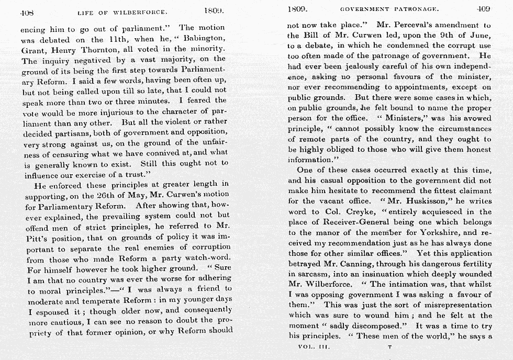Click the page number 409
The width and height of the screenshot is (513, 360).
click(484, 9)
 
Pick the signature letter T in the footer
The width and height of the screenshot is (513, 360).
click(389, 346)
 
